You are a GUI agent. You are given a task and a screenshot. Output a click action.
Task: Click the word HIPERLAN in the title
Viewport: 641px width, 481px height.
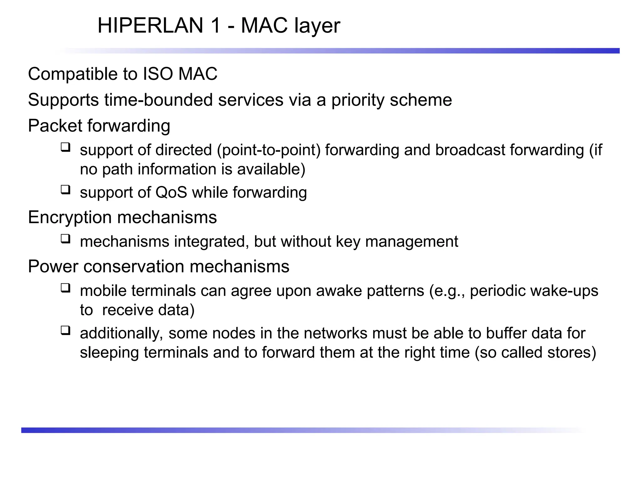pyautogui.click(x=150, y=25)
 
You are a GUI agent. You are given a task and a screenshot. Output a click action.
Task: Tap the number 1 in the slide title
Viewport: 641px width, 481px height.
pyautogui.click(x=216, y=25)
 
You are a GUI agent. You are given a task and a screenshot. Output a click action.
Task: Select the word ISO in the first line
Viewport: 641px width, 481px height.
pyautogui.click(x=158, y=74)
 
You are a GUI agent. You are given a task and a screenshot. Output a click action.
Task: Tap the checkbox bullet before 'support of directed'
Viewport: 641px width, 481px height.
pyautogui.click(x=65, y=147)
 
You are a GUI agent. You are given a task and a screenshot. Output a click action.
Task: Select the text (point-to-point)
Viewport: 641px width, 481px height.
pyautogui.click(x=269, y=150)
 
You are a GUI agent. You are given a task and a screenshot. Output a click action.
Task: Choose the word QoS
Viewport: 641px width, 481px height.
pyautogui.click(x=171, y=192)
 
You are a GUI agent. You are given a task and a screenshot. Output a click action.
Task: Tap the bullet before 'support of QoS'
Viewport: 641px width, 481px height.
pyautogui.click(x=65, y=189)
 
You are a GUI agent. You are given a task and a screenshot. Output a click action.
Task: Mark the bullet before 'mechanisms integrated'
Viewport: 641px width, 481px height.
pyautogui.click(x=65, y=239)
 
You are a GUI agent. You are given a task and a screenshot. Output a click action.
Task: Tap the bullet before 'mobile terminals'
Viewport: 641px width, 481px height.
pyautogui.click(x=65, y=287)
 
